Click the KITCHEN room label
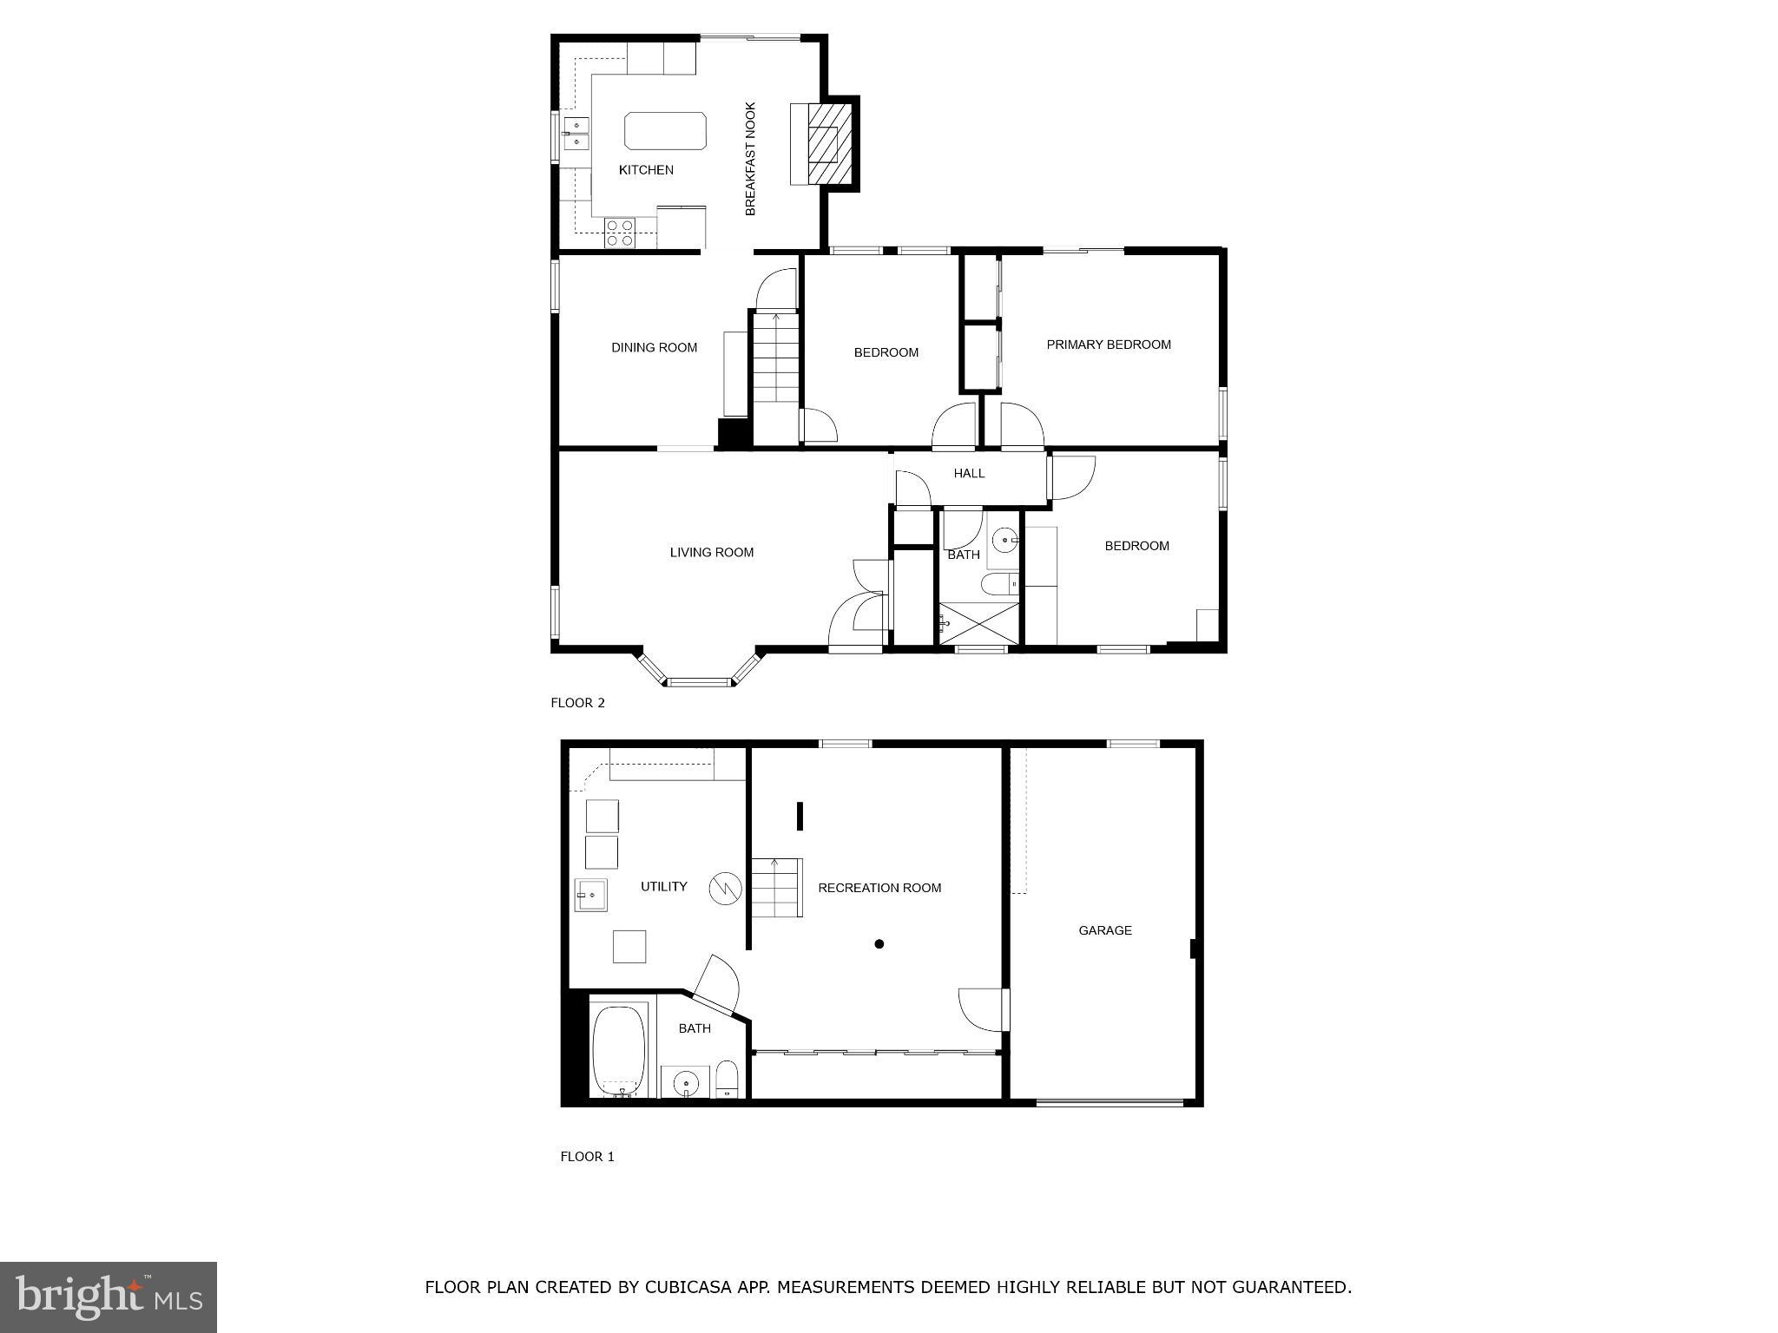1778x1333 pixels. pos(646,170)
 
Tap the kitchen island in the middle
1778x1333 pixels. pos(665,131)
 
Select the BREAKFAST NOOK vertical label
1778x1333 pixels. pos(751,159)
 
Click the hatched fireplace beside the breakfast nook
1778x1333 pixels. pos(829,144)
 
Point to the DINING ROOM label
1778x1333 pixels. pos(654,348)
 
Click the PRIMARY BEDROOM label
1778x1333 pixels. pos(1109,345)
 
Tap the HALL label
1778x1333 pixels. pos(969,474)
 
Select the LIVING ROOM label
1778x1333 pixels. pos(711,553)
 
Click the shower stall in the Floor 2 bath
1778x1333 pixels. pos(978,623)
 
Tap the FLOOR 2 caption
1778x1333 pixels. pos(577,703)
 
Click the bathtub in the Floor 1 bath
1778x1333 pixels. pos(618,1051)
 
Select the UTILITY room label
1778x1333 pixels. pos(663,887)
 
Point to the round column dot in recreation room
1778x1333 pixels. pos(879,944)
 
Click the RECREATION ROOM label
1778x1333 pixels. pos(879,888)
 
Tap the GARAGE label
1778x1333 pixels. pos(1104,930)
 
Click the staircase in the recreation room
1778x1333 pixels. pos(775,887)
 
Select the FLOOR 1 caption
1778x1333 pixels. pos(587,1157)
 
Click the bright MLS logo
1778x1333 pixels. pos(109,1297)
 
